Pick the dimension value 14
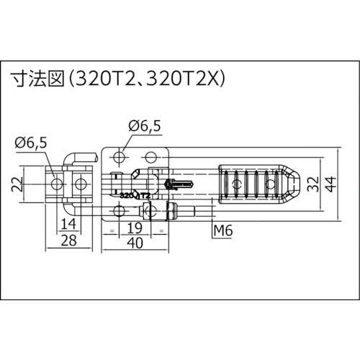[68, 223]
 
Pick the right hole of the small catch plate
[81, 184]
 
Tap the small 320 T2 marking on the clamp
[134, 195]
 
